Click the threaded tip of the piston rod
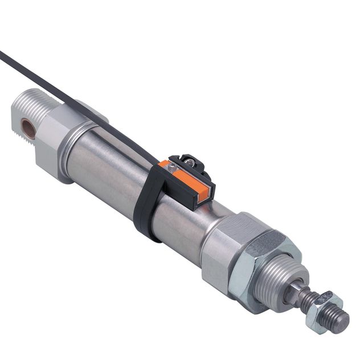(339, 322)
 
